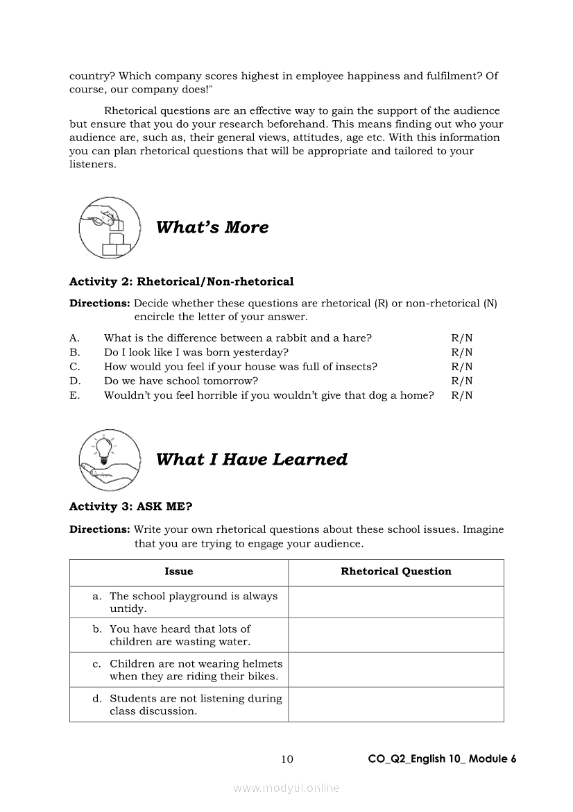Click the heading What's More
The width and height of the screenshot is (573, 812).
[x=212, y=227]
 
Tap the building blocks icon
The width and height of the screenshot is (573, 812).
[x=110, y=228]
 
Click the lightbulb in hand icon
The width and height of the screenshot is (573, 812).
[x=110, y=459]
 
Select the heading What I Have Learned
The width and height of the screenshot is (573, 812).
[x=252, y=459]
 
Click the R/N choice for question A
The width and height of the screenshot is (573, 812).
[x=462, y=338]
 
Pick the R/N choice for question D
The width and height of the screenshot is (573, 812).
[x=462, y=381]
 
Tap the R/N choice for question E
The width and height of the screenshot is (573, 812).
[x=462, y=395]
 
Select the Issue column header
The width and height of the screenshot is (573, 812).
[x=179, y=572]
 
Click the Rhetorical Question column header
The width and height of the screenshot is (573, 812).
[x=396, y=572]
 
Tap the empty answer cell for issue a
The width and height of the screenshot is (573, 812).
[x=396, y=602]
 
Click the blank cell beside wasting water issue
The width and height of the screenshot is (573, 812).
[x=396, y=635]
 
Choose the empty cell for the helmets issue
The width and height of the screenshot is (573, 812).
[x=396, y=670]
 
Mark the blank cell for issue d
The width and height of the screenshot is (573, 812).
[x=396, y=704]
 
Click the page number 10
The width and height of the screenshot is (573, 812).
[x=287, y=759]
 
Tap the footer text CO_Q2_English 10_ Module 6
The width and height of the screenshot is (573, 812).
[x=443, y=759]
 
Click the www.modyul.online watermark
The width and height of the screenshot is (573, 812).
[x=286, y=788]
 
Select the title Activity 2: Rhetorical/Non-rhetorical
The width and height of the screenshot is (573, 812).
[x=181, y=282]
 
